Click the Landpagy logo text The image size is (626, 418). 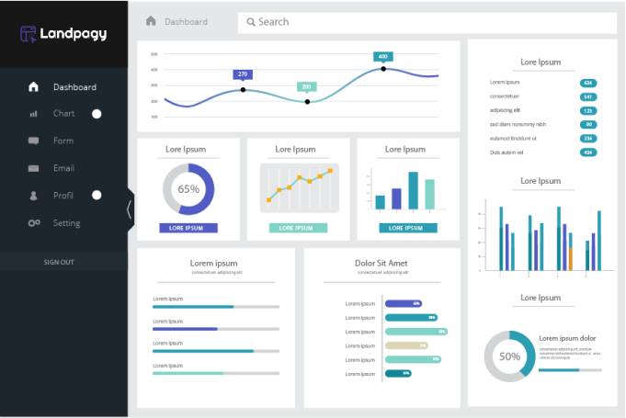74,34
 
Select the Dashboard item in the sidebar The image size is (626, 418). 74,87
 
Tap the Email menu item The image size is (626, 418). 63,168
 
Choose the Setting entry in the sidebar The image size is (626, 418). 66,223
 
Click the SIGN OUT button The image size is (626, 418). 59,262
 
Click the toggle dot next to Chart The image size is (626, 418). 97,114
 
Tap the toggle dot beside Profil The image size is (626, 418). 97,196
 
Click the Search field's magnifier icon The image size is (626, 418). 250,22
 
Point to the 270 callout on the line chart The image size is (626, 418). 243,74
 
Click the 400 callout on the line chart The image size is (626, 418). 383,57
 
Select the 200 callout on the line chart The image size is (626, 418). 306,86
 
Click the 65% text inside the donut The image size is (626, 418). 188,189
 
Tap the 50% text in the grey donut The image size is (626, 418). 509,356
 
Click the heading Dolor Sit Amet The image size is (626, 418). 381,264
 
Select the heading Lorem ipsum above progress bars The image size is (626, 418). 213,264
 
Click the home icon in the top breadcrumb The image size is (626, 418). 151,21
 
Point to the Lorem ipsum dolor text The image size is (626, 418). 567,338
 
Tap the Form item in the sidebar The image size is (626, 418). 63,141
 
